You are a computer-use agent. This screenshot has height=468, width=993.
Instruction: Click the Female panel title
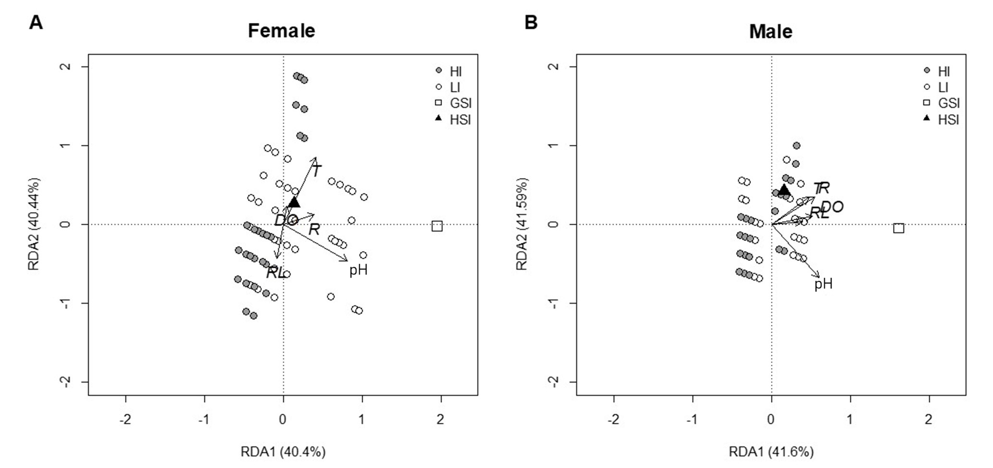[282, 31]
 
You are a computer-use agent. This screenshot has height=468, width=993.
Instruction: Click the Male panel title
[771, 32]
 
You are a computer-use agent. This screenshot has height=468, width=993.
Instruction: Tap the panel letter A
[36, 23]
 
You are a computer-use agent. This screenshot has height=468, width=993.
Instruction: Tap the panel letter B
[531, 23]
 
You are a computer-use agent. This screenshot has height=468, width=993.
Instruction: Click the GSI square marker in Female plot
[437, 226]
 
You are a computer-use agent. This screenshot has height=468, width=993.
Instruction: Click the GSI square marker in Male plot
[898, 228]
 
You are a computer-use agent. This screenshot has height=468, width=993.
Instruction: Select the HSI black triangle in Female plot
[294, 203]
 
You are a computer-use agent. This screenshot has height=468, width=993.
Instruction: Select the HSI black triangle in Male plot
[784, 190]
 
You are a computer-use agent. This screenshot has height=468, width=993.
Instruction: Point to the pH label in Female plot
[358, 270]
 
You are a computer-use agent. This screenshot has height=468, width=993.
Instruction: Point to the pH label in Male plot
[823, 284]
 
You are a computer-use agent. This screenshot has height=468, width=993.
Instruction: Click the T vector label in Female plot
[317, 170]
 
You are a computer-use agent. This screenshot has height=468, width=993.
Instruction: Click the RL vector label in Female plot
[276, 273]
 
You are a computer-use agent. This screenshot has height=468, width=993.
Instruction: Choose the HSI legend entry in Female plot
[460, 120]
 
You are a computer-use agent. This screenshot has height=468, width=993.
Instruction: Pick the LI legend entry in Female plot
[454, 87]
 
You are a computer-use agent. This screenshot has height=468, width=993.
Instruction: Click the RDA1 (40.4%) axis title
[283, 452]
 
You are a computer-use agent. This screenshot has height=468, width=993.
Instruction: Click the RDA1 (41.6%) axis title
[771, 452]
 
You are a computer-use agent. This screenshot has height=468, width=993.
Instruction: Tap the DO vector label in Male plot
[832, 207]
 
